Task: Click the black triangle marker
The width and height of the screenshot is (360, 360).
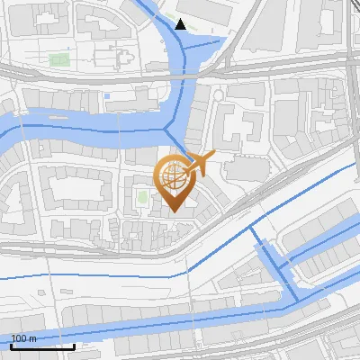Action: click(x=181, y=24)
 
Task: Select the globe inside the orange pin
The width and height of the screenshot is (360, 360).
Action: click(x=175, y=176)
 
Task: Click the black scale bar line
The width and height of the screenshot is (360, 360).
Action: click(x=42, y=346)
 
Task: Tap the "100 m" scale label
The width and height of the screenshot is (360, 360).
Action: click(x=23, y=338)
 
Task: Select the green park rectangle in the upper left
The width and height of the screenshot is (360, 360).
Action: click(x=59, y=60)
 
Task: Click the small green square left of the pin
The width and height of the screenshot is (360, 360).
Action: click(x=141, y=196)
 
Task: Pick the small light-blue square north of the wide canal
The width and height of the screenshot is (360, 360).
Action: click(x=107, y=95)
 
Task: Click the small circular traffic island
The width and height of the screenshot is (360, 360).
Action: click(x=218, y=96)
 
